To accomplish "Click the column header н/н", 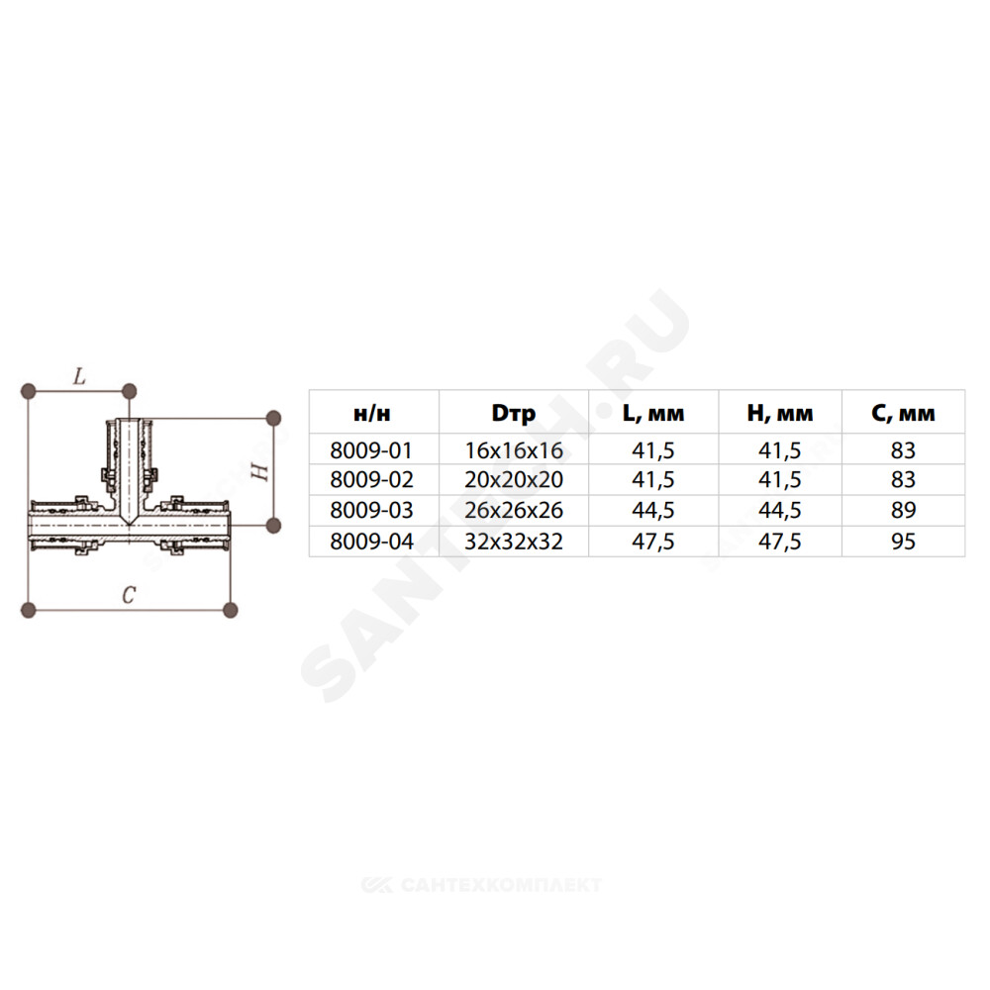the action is (x=371, y=414).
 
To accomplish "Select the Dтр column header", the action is (x=513, y=414).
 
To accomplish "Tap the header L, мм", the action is (x=652, y=413).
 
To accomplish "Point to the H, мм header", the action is (x=780, y=413).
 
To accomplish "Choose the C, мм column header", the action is (x=903, y=413).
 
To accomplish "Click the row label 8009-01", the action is (x=371, y=450).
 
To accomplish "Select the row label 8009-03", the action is (x=371, y=510).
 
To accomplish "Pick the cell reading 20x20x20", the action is (x=513, y=480).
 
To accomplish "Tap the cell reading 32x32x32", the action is (x=513, y=542).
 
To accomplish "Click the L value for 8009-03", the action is (x=652, y=510).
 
